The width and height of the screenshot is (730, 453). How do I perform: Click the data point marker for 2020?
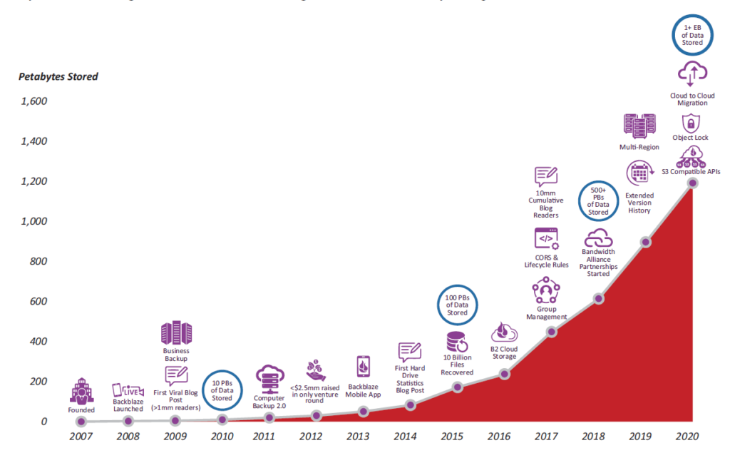(x=692, y=183)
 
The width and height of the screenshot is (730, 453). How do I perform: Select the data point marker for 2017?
(x=552, y=332)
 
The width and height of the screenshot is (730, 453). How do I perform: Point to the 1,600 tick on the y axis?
(x=33, y=101)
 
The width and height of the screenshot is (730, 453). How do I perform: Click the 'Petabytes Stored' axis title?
(x=58, y=76)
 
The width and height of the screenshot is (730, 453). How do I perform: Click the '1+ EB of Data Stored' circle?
(x=692, y=33)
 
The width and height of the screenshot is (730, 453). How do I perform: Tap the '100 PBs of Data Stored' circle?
(x=457, y=304)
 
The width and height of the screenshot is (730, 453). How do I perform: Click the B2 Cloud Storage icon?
(x=504, y=333)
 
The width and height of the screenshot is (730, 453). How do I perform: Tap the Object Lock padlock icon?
(x=692, y=122)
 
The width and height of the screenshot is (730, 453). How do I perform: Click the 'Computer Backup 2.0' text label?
(x=269, y=402)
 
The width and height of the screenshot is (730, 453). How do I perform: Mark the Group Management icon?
(x=546, y=292)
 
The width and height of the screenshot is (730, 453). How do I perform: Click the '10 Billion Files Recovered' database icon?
(x=457, y=340)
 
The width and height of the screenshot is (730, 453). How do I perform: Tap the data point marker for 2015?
(x=458, y=387)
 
